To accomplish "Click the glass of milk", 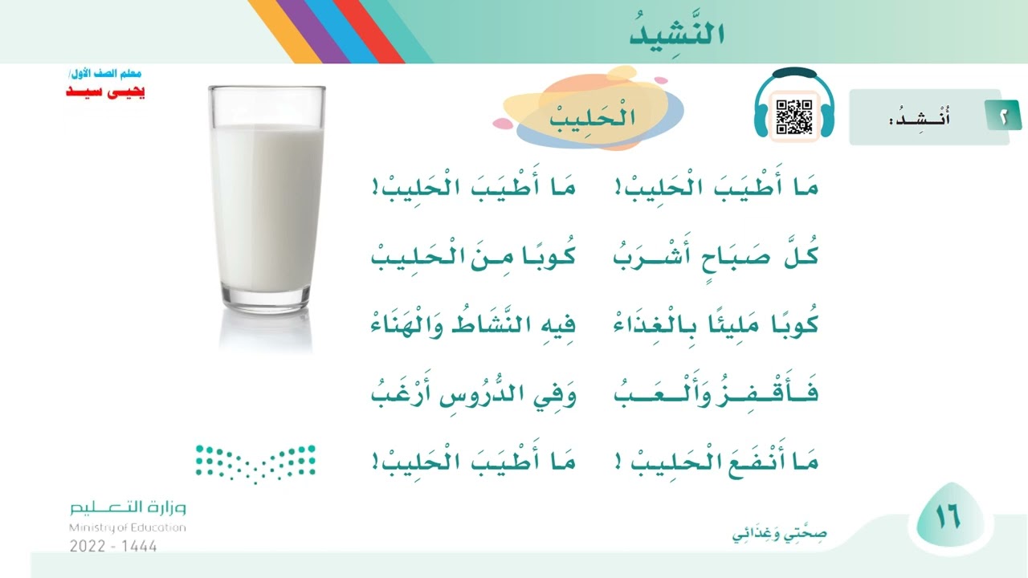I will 267,205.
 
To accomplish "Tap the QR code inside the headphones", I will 794,117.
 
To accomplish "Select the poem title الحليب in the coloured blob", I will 594,118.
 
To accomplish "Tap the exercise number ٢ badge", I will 1005,117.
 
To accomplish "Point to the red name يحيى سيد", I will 105,92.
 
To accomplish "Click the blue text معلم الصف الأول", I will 106,75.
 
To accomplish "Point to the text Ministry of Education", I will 127,527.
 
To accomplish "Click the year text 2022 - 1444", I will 113,546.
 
